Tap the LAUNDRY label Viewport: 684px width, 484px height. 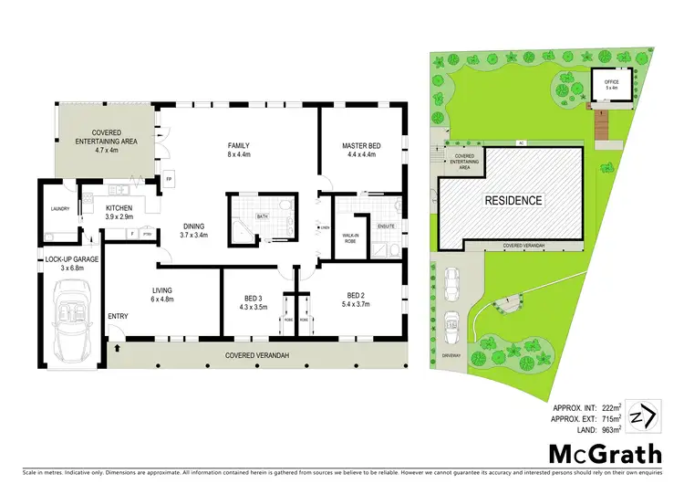tap(60, 208)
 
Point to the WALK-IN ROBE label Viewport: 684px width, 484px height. tap(350, 237)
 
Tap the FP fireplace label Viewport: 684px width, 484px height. tap(169, 178)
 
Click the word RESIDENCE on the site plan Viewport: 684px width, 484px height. tap(513, 200)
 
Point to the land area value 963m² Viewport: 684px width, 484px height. tap(609, 428)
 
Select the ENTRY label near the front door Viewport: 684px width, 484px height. tap(119, 317)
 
